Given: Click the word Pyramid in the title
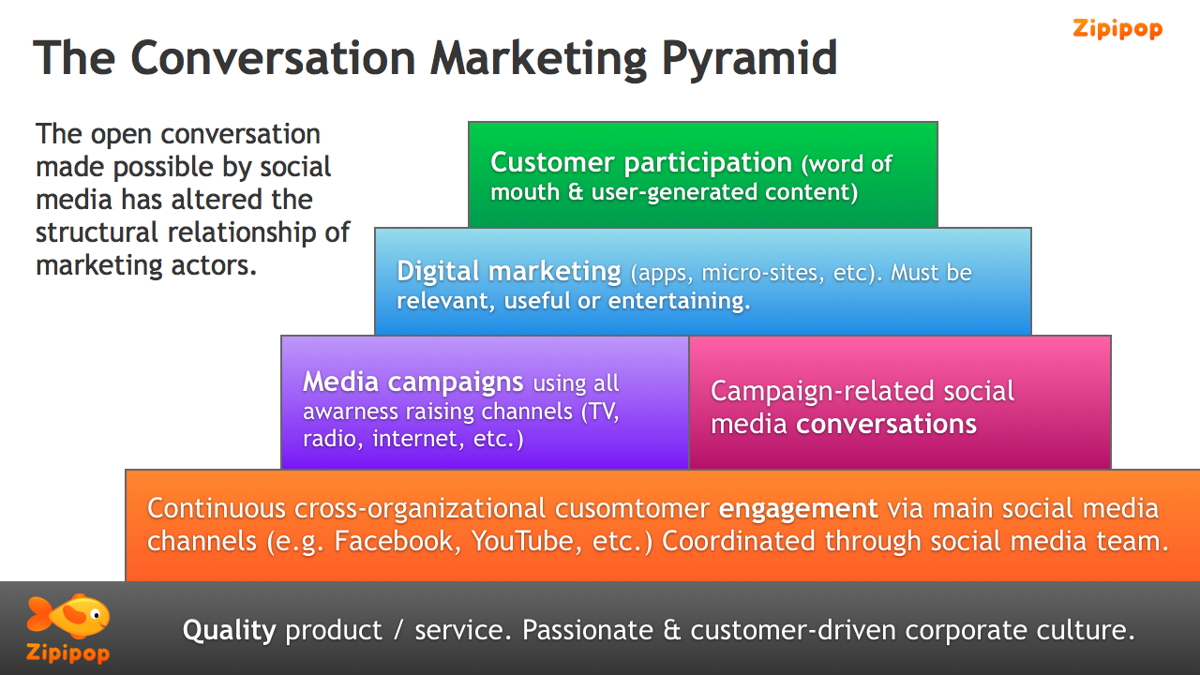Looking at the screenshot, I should [749, 58].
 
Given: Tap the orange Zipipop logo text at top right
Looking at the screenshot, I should [1117, 28].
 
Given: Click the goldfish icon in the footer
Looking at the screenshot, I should [68, 616].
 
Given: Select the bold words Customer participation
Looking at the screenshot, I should [641, 162].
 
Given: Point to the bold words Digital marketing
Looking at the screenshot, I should [508, 272].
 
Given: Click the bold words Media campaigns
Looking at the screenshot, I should [412, 382].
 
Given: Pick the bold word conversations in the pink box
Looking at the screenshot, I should [886, 424].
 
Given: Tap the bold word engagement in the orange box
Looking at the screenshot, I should [798, 509].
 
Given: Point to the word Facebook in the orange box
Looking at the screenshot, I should [393, 542].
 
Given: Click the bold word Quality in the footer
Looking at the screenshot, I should [229, 630].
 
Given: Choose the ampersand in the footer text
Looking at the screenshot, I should [671, 630].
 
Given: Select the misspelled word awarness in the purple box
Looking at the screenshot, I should [351, 412].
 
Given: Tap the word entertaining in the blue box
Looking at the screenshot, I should [679, 301].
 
